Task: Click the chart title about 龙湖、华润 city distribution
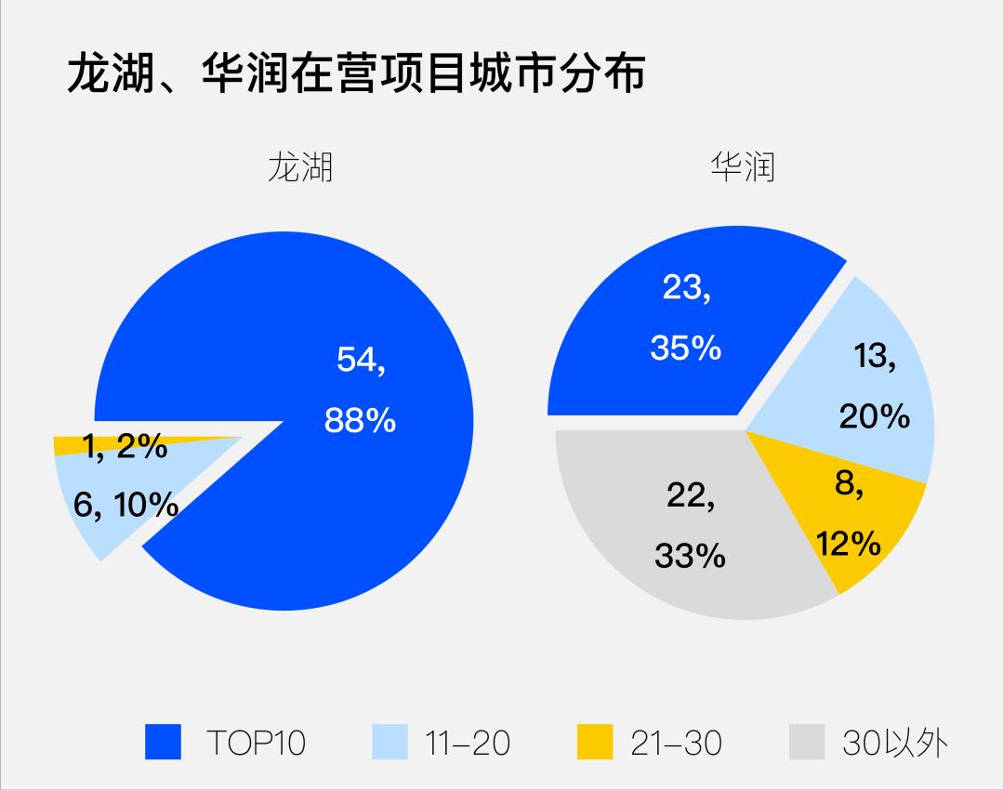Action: point(356,74)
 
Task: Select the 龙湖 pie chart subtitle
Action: point(299,166)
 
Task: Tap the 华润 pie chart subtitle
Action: point(743,166)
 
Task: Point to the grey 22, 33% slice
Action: point(651,567)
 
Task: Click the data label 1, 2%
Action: point(125,447)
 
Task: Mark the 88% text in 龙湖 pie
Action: point(360,421)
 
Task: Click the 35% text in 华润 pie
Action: point(686,349)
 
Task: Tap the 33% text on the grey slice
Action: point(689,556)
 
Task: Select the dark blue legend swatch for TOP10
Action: point(164,743)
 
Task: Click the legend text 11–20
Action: point(468,743)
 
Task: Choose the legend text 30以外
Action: point(895,743)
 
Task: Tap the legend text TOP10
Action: point(256,743)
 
